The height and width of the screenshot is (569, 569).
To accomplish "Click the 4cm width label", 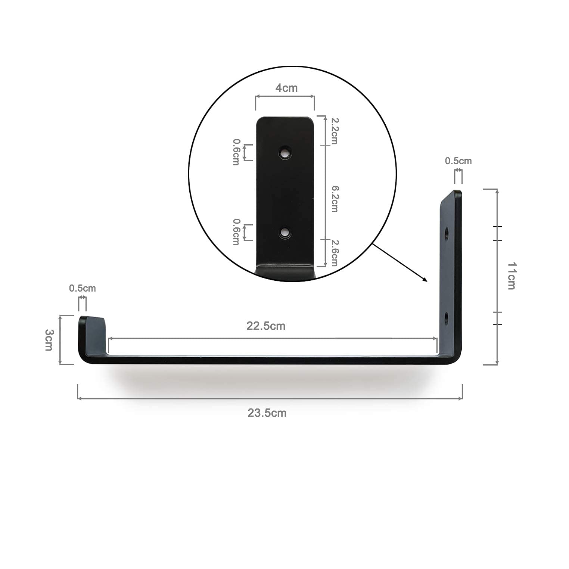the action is tap(286, 88).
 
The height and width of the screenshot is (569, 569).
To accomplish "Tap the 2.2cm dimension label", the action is tap(335, 131).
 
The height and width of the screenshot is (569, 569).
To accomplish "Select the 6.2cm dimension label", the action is tap(335, 199).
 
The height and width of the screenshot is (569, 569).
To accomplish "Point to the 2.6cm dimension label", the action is tap(335, 253).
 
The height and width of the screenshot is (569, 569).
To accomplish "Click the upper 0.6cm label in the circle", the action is tap(236, 152).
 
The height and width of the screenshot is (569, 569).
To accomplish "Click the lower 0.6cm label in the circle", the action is tap(236, 232).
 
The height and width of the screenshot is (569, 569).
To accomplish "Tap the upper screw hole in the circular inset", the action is tap(285, 153).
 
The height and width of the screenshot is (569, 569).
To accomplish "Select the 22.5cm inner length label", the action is tap(266, 326).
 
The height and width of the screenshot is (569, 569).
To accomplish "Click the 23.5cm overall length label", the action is tap(267, 413).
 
